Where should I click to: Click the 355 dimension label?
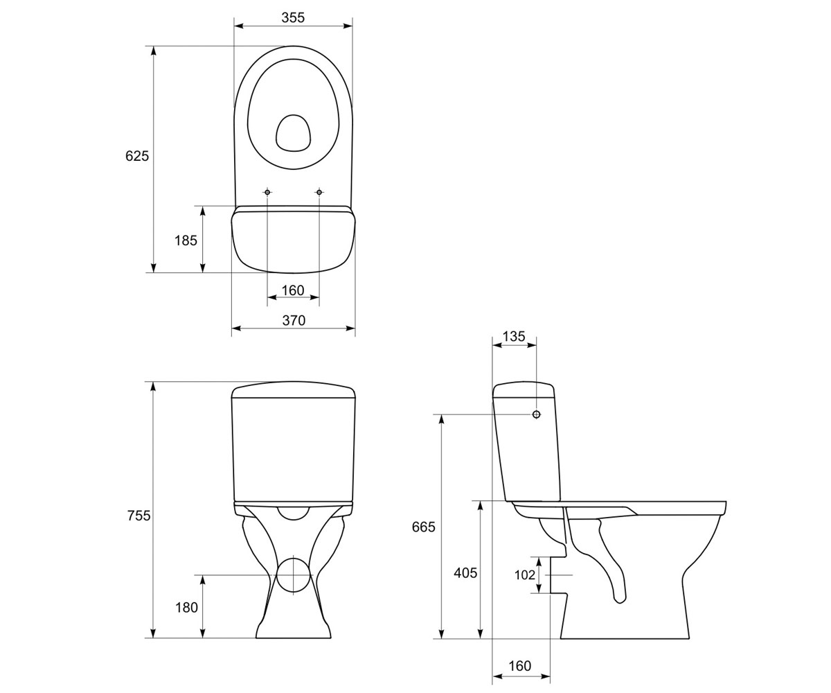(x=293, y=17)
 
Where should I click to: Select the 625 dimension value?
(x=137, y=156)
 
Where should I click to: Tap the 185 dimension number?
(x=186, y=240)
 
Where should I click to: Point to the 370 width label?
(x=294, y=320)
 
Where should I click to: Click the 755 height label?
(x=139, y=516)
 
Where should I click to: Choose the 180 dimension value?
(x=187, y=607)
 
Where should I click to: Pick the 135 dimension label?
(x=514, y=337)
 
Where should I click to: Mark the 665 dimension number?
(x=423, y=527)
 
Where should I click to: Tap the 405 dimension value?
(x=465, y=572)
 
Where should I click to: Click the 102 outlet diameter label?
(x=525, y=575)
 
